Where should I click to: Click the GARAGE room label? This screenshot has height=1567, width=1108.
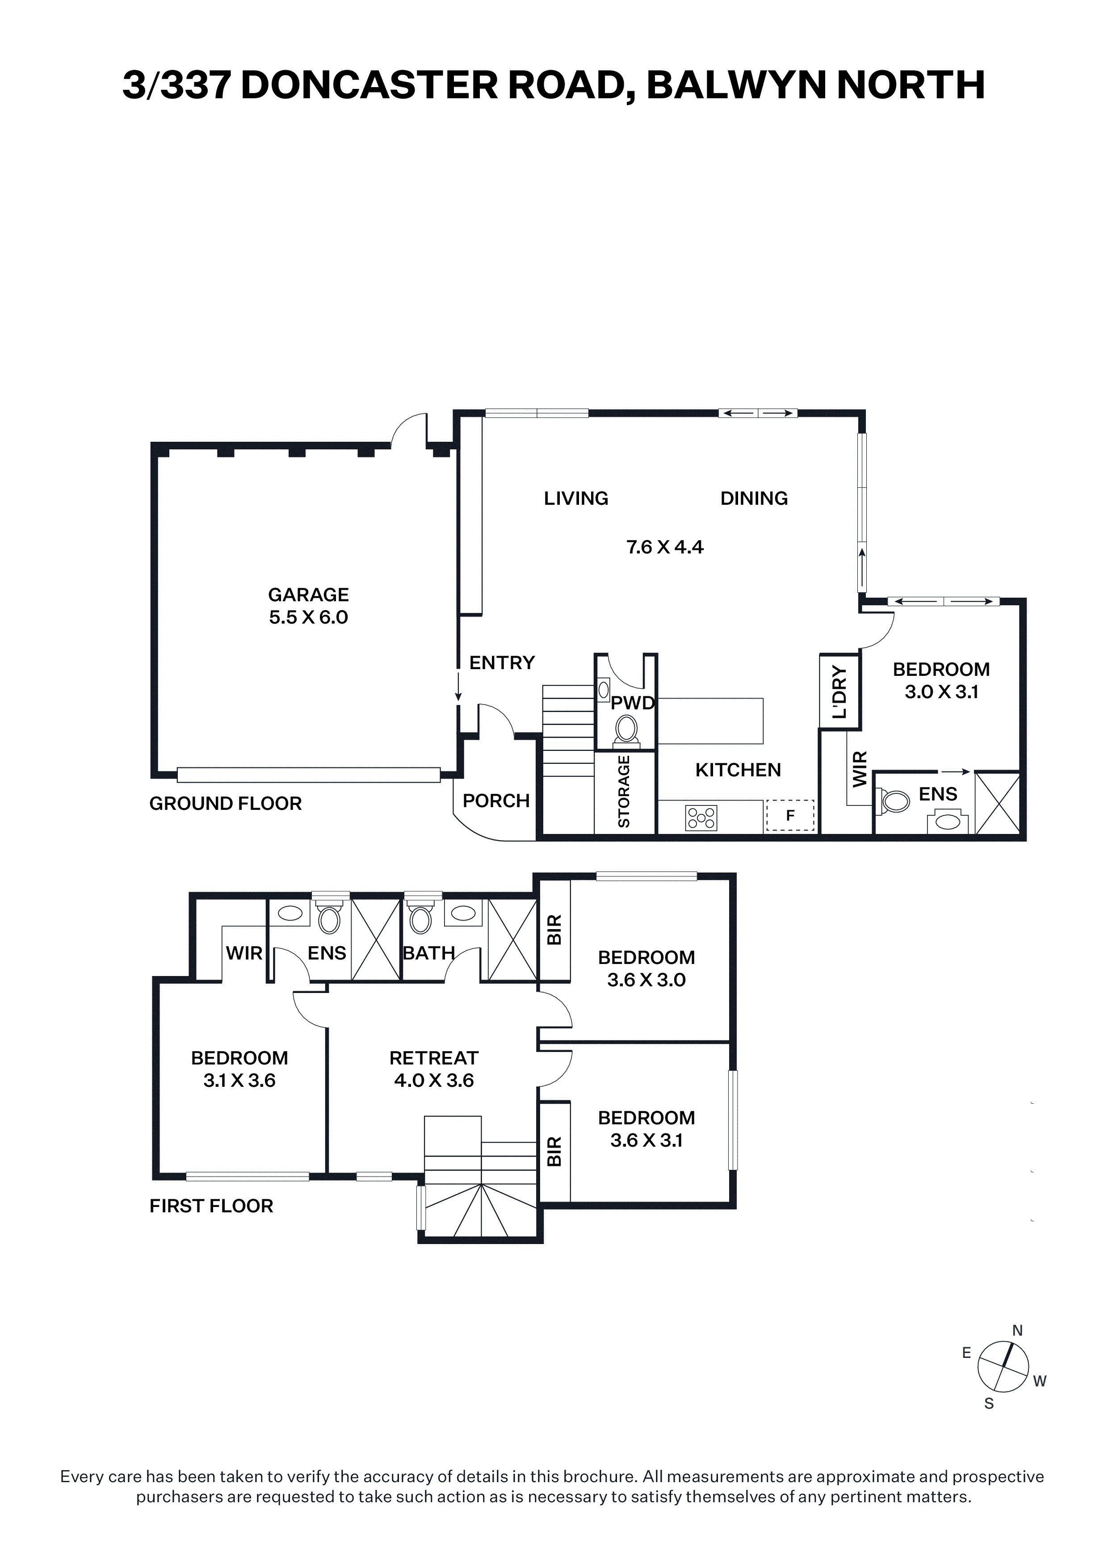coord(309,595)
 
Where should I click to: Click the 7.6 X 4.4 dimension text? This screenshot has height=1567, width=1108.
coord(665,547)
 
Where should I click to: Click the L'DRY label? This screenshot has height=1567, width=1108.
coord(839,692)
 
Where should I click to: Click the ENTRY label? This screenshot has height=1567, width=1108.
coord(502,663)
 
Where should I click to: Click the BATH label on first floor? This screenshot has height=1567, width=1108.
coord(429,953)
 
